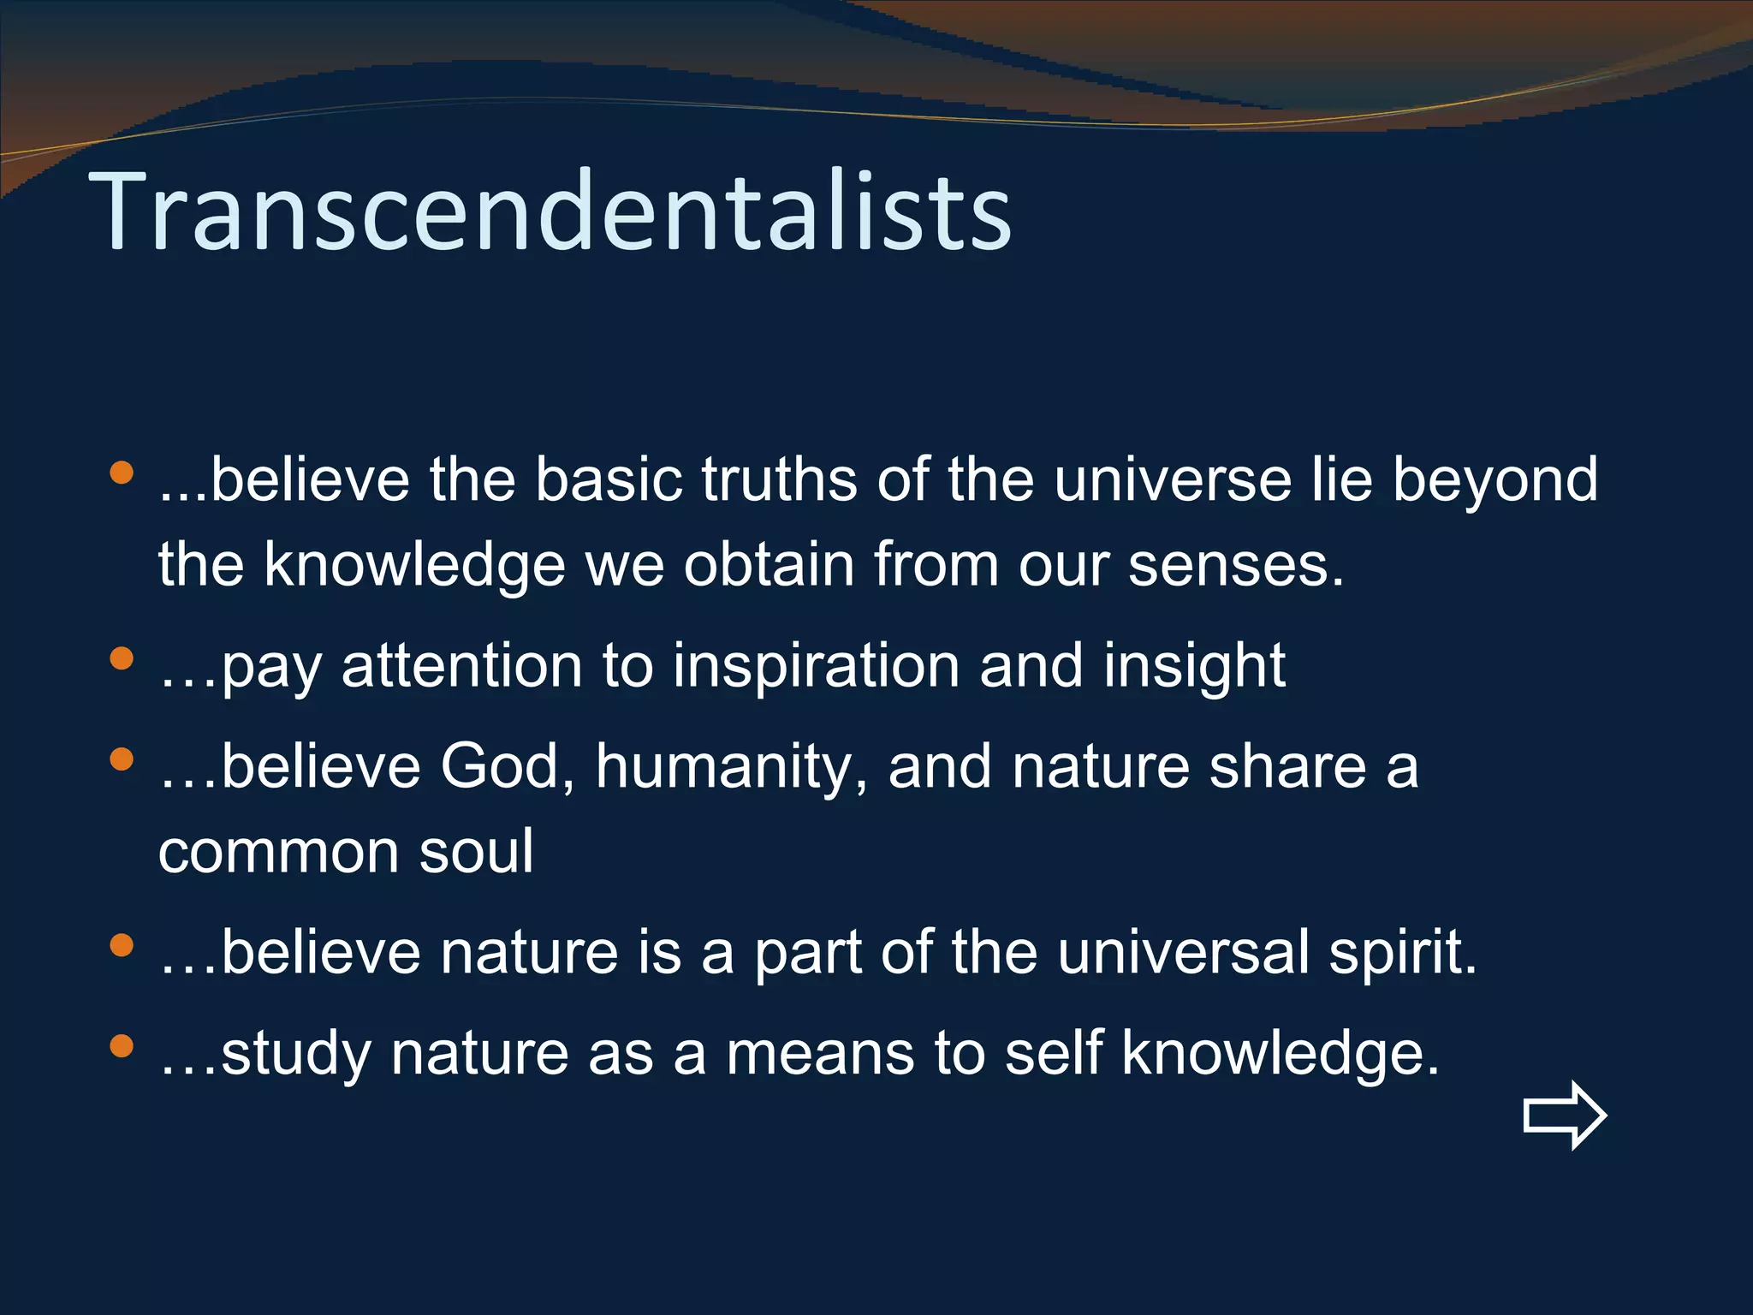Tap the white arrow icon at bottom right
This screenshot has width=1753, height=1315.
tap(1565, 1115)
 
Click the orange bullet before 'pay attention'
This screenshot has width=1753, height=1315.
tap(122, 658)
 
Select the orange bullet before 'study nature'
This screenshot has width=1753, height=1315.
tap(122, 1045)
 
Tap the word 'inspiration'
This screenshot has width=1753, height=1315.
tap(815, 667)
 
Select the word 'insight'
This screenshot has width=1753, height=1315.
tap(1194, 667)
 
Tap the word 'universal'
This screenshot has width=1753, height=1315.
tap(1182, 952)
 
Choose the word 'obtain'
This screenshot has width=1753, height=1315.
tap(769, 565)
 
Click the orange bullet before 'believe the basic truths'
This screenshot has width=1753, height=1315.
tap(122, 472)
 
